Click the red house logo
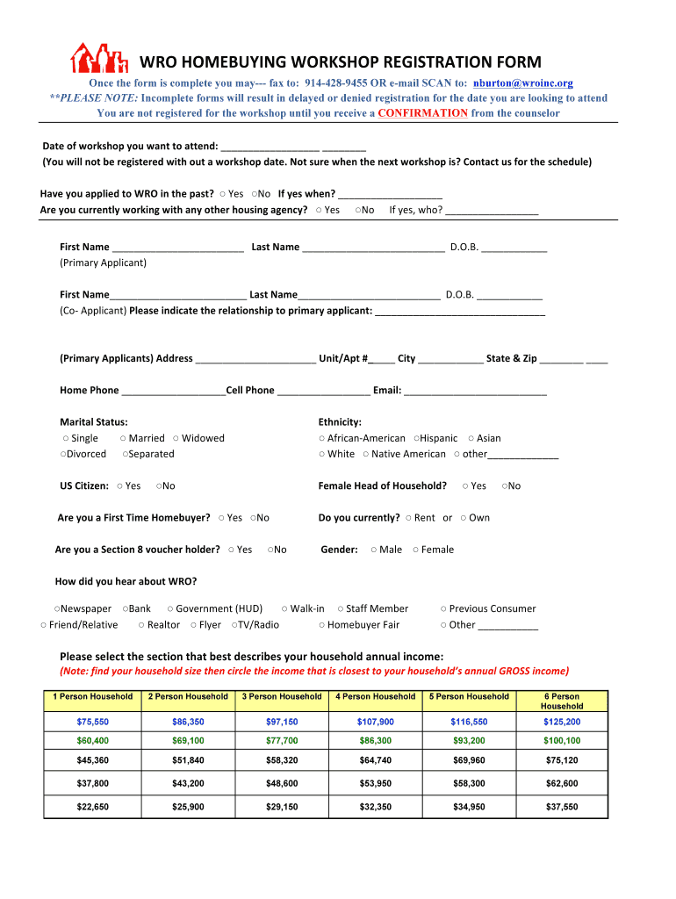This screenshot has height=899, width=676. (x=100, y=58)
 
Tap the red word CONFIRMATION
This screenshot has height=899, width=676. (x=422, y=113)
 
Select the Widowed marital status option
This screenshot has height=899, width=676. (x=176, y=438)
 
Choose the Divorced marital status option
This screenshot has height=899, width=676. (x=64, y=454)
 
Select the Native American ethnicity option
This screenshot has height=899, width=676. (x=366, y=454)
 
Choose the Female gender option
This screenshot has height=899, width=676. (x=416, y=550)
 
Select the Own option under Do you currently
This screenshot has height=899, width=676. (x=464, y=518)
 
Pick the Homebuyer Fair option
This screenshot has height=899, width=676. (x=322, y=625)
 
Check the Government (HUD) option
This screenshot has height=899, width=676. (x=170, y=608)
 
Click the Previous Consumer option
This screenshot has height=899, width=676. (x=444, y=608)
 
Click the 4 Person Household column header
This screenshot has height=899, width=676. (x=376, y=697)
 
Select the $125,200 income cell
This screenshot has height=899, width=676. (x=562, y=722)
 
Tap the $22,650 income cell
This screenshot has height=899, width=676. (x=92, y=807)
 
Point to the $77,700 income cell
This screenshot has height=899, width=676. (x=282, y=741)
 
